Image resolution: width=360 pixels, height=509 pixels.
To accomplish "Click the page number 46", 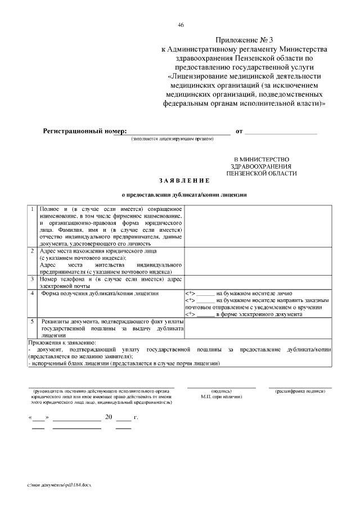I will [180, 25].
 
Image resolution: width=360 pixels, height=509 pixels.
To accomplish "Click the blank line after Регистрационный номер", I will [172, 133].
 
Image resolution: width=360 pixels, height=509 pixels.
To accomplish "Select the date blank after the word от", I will [281, 133].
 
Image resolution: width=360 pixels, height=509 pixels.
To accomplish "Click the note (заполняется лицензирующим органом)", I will [172, 139].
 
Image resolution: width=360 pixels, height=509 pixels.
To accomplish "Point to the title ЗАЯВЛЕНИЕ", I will [184, 181].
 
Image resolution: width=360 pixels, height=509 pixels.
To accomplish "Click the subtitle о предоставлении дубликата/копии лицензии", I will [184, 195].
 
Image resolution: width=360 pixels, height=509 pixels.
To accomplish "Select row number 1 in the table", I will [33, 210].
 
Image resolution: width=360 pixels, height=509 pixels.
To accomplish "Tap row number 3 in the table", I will [33, 279].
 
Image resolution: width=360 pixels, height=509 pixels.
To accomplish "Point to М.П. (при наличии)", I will [221, 397].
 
